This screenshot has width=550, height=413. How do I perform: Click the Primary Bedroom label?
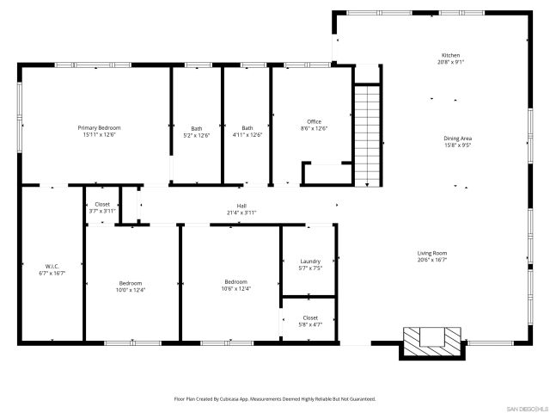99,127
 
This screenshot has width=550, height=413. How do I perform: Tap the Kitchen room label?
450,55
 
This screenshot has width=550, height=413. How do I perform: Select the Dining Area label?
457,138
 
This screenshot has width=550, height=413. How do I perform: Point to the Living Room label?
432,252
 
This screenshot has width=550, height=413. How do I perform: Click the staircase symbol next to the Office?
367,134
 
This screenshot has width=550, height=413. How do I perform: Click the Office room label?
314,121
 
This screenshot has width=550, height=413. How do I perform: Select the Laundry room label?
310,262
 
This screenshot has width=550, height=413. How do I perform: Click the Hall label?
241,205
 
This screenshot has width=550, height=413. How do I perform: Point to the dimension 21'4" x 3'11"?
241,212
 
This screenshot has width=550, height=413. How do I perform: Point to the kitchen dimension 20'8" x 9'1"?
450,62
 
